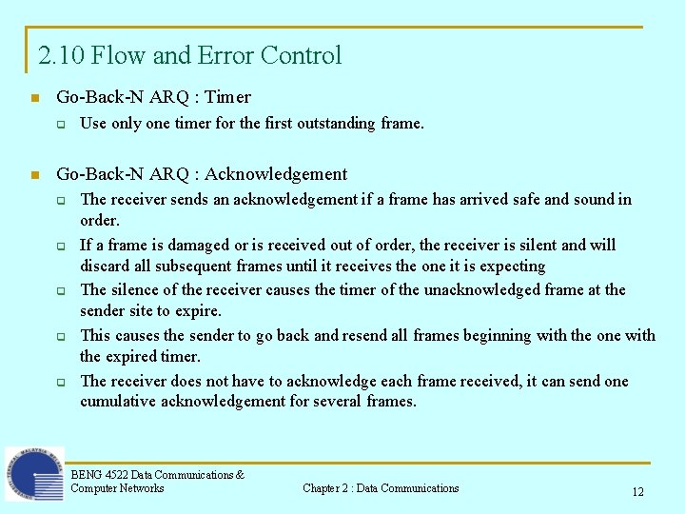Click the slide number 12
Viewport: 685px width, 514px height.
click(637, 492)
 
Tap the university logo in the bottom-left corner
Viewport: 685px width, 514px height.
click(34, 474)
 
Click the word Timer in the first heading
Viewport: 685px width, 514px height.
click(227, 97)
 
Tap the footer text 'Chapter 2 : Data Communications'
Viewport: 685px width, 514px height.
click(381, 488)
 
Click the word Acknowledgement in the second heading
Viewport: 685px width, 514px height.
click(276, 174)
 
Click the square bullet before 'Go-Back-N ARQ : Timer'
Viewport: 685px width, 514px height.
click(34, 98)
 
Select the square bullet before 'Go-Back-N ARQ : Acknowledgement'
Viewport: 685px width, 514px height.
click(34, 175)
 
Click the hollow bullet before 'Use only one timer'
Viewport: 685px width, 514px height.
click(59, 124)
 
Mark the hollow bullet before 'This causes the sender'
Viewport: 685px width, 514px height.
click(59, 336)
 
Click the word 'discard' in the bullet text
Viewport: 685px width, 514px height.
click(106, 266)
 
